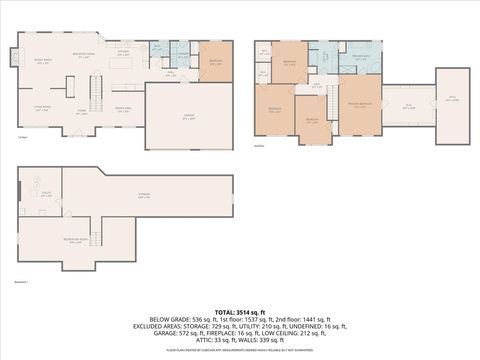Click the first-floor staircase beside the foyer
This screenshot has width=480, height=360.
coord(97,98)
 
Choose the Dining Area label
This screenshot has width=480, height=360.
coord(123,110)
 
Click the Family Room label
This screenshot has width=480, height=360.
coord(44,62)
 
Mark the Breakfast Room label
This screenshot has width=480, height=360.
coord(84,54)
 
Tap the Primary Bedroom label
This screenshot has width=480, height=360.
coord(360,105)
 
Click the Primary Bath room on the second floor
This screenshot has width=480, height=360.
coord(360,58)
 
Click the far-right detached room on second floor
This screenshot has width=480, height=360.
coord(450,98)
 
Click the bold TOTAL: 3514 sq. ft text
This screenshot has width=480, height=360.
coord(240,311)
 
